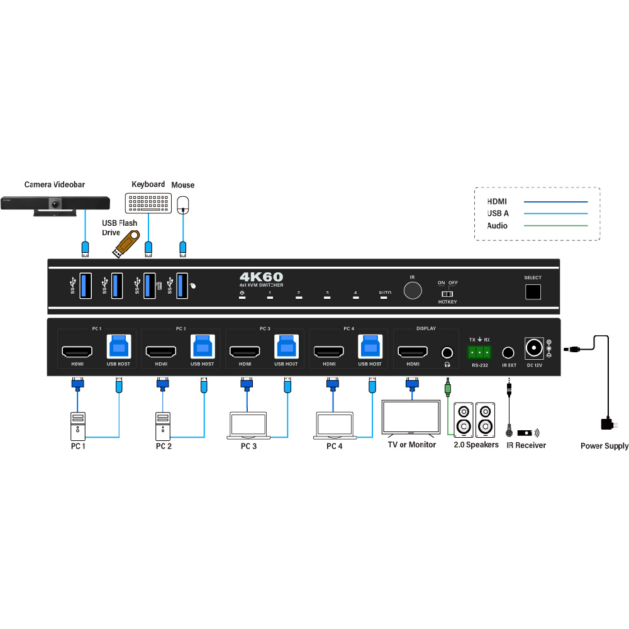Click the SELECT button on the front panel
tap(533, 292)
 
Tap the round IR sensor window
tap(413, 291)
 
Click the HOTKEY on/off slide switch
tap(447, 294)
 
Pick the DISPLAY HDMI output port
tap(413, 351)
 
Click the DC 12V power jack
tap(535, 348)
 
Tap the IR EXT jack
tap(509, 353)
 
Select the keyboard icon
tap(148, 203)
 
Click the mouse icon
tap(183, 203)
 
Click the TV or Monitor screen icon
tap(411, 416)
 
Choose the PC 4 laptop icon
tap(334, 425)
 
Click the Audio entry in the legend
tap(497, 226)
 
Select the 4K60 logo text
tap(261, 276)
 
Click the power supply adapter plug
tap(608, 424)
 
